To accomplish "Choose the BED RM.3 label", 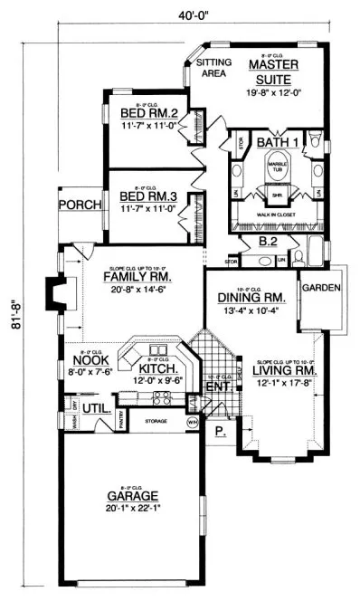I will pyautogui.click(x=148, y=195).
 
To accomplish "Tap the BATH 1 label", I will pyautogui.click(x=274, y=143).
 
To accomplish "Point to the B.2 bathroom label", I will pyautogui.click(x=267, y=243).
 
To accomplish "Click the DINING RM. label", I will pyautogui.click(x=251, y=298).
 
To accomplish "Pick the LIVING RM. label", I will pyautogui.click(x=282, y=369).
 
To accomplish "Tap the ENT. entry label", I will pyautogui.click(x=218, y=386).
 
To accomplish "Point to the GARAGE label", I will pyautogui.click(x=132, y=495).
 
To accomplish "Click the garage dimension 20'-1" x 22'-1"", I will pyautogui.click(x=132, y=508).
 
